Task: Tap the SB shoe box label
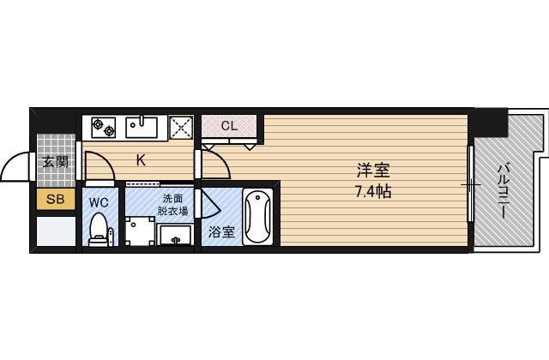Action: tap(55, 201)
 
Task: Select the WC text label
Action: tap(100, 202)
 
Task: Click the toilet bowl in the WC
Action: tap(100, 230)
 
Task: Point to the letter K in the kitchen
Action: tap(141, 159)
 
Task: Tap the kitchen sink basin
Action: tap(142, 128)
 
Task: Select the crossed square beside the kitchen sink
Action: tap(181, 128)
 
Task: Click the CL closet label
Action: tap(228, 126)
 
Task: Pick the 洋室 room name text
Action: tap(371, 170)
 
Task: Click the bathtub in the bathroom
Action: tap(257, 217)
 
